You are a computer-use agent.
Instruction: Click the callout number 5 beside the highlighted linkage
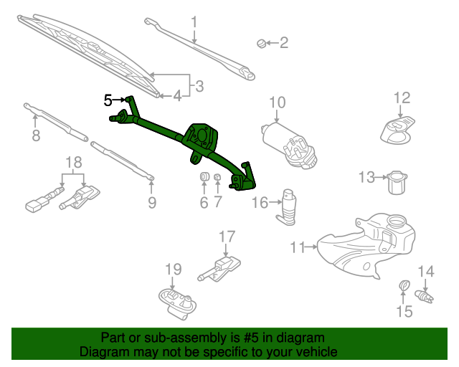pos(108,100)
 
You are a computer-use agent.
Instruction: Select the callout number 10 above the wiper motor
pos(278,103)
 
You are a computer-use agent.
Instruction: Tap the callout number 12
pos(402,97)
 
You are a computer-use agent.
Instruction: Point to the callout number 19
pos(174,270)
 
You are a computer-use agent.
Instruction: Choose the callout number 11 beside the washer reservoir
pos(298,247)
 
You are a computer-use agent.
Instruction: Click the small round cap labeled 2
pos(261,43)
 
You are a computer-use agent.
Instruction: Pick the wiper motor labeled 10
pos(289,146)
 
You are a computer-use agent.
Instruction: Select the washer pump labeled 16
pos(287,207)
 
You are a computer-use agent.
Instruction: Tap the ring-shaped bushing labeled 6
pos(204,177)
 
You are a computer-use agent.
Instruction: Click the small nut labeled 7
pos(217,177)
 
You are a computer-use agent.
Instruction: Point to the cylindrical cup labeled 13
pos(397,183)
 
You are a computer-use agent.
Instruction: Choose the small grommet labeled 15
pos(404,285)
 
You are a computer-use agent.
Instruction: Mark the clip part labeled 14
pos(424,296)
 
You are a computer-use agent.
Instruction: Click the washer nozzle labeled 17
pos(219,269)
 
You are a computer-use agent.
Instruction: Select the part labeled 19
pos(177,303)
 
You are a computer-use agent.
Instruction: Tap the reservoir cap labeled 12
pos(397,130)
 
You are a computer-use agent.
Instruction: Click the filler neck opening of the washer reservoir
pos(397,220)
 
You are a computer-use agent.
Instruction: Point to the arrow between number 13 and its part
pos(381,177)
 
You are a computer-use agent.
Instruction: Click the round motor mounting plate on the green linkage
pos(202,135)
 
